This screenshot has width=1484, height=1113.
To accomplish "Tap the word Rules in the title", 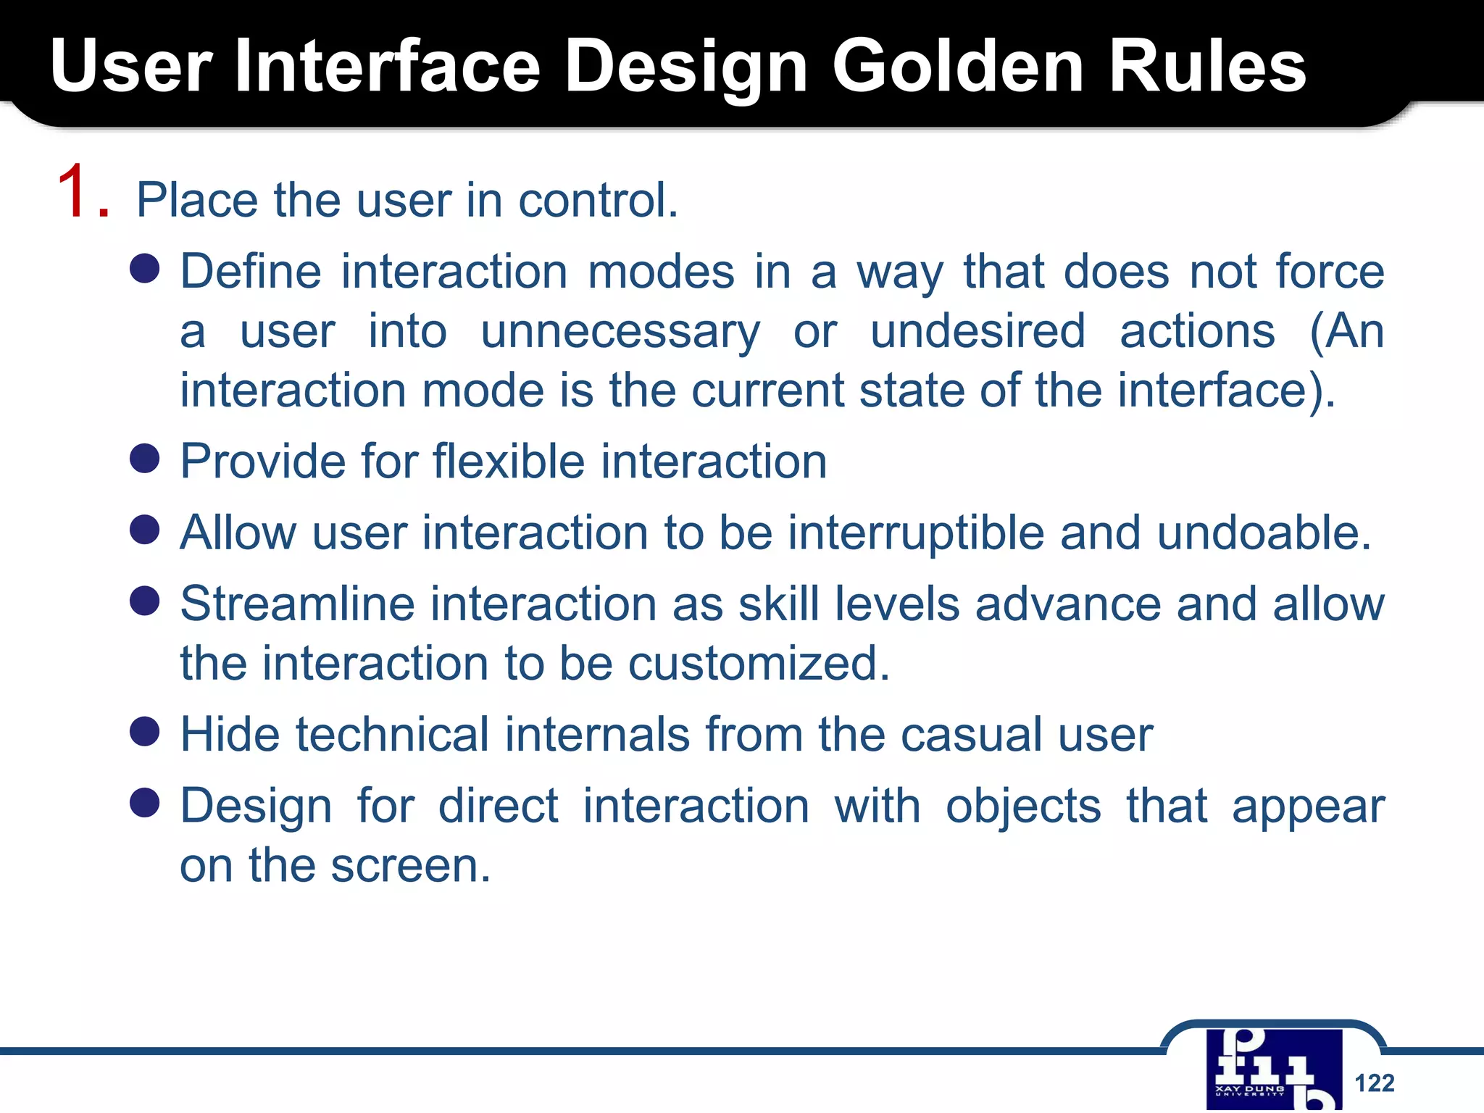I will tap(1207, 67).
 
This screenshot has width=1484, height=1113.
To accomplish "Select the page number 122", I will tap(1374, 1083).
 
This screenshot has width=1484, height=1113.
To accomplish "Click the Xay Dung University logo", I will tap(1274, 1070).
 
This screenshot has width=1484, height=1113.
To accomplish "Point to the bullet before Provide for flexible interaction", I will tap(145, 459).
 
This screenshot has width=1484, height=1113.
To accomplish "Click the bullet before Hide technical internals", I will tap(145, 732).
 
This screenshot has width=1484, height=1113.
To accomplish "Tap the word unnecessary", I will tap(620, 332).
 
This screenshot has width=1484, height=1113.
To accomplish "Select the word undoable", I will tap(1264, 533).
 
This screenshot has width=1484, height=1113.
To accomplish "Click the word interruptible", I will tap(915, 533).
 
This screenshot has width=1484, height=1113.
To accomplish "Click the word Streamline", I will tap(297, 604).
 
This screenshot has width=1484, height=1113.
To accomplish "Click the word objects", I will tap(1023, 806).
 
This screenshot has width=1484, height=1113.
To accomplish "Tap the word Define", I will tap(251, 272).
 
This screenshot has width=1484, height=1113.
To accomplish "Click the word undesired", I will tap(977, 332).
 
